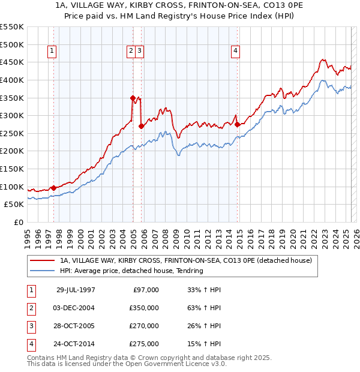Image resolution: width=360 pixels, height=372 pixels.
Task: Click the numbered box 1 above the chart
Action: tap(53, 52)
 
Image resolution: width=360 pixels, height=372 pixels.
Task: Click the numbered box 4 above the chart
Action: tap(236, 52)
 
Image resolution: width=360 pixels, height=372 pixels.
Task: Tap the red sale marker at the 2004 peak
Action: tap(133, 97)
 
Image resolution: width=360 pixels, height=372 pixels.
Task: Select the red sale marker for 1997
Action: tap(54, 188)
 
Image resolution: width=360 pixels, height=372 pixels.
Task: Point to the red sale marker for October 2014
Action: tap(237, 125)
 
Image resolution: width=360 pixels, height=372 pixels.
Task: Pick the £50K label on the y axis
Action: tap(14, 205)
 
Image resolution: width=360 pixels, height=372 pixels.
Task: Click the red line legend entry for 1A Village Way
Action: tap(185, 261)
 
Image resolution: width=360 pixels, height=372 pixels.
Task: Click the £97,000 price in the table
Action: tap(145, 290)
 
